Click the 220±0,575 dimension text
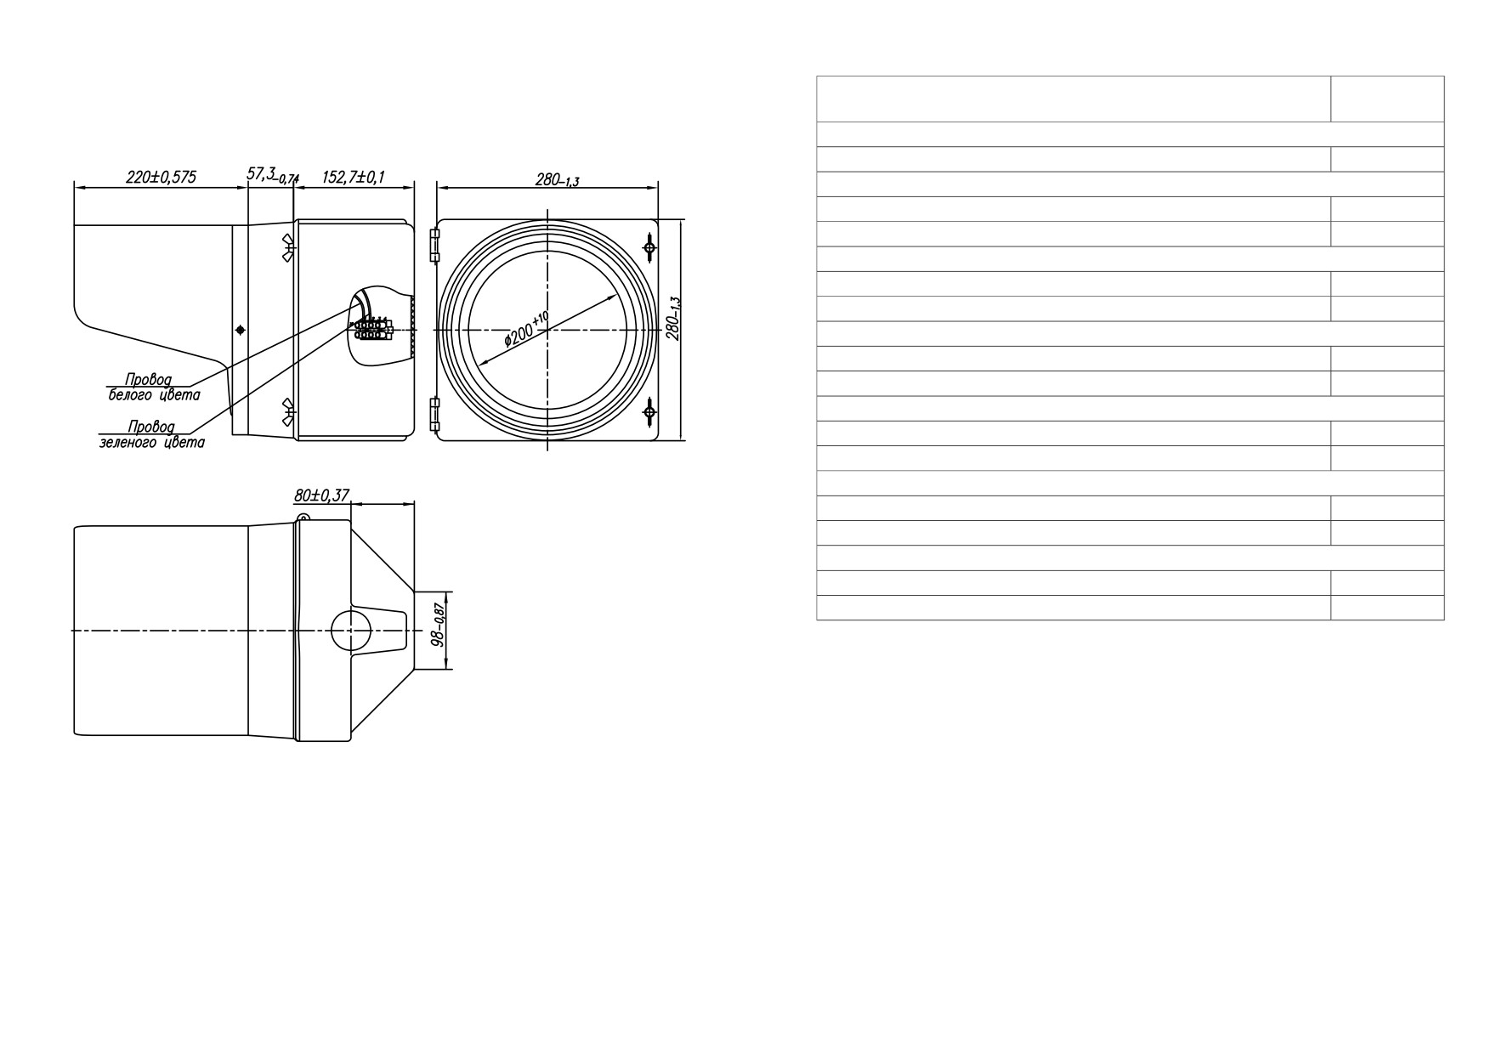point(161,177)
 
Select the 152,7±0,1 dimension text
point(354,177)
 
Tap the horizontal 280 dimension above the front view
point(557,179)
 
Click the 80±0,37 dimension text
point(321,495)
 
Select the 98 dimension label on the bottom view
point(439,626)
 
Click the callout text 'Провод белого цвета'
point(154,387)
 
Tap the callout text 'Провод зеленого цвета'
point(152,434)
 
